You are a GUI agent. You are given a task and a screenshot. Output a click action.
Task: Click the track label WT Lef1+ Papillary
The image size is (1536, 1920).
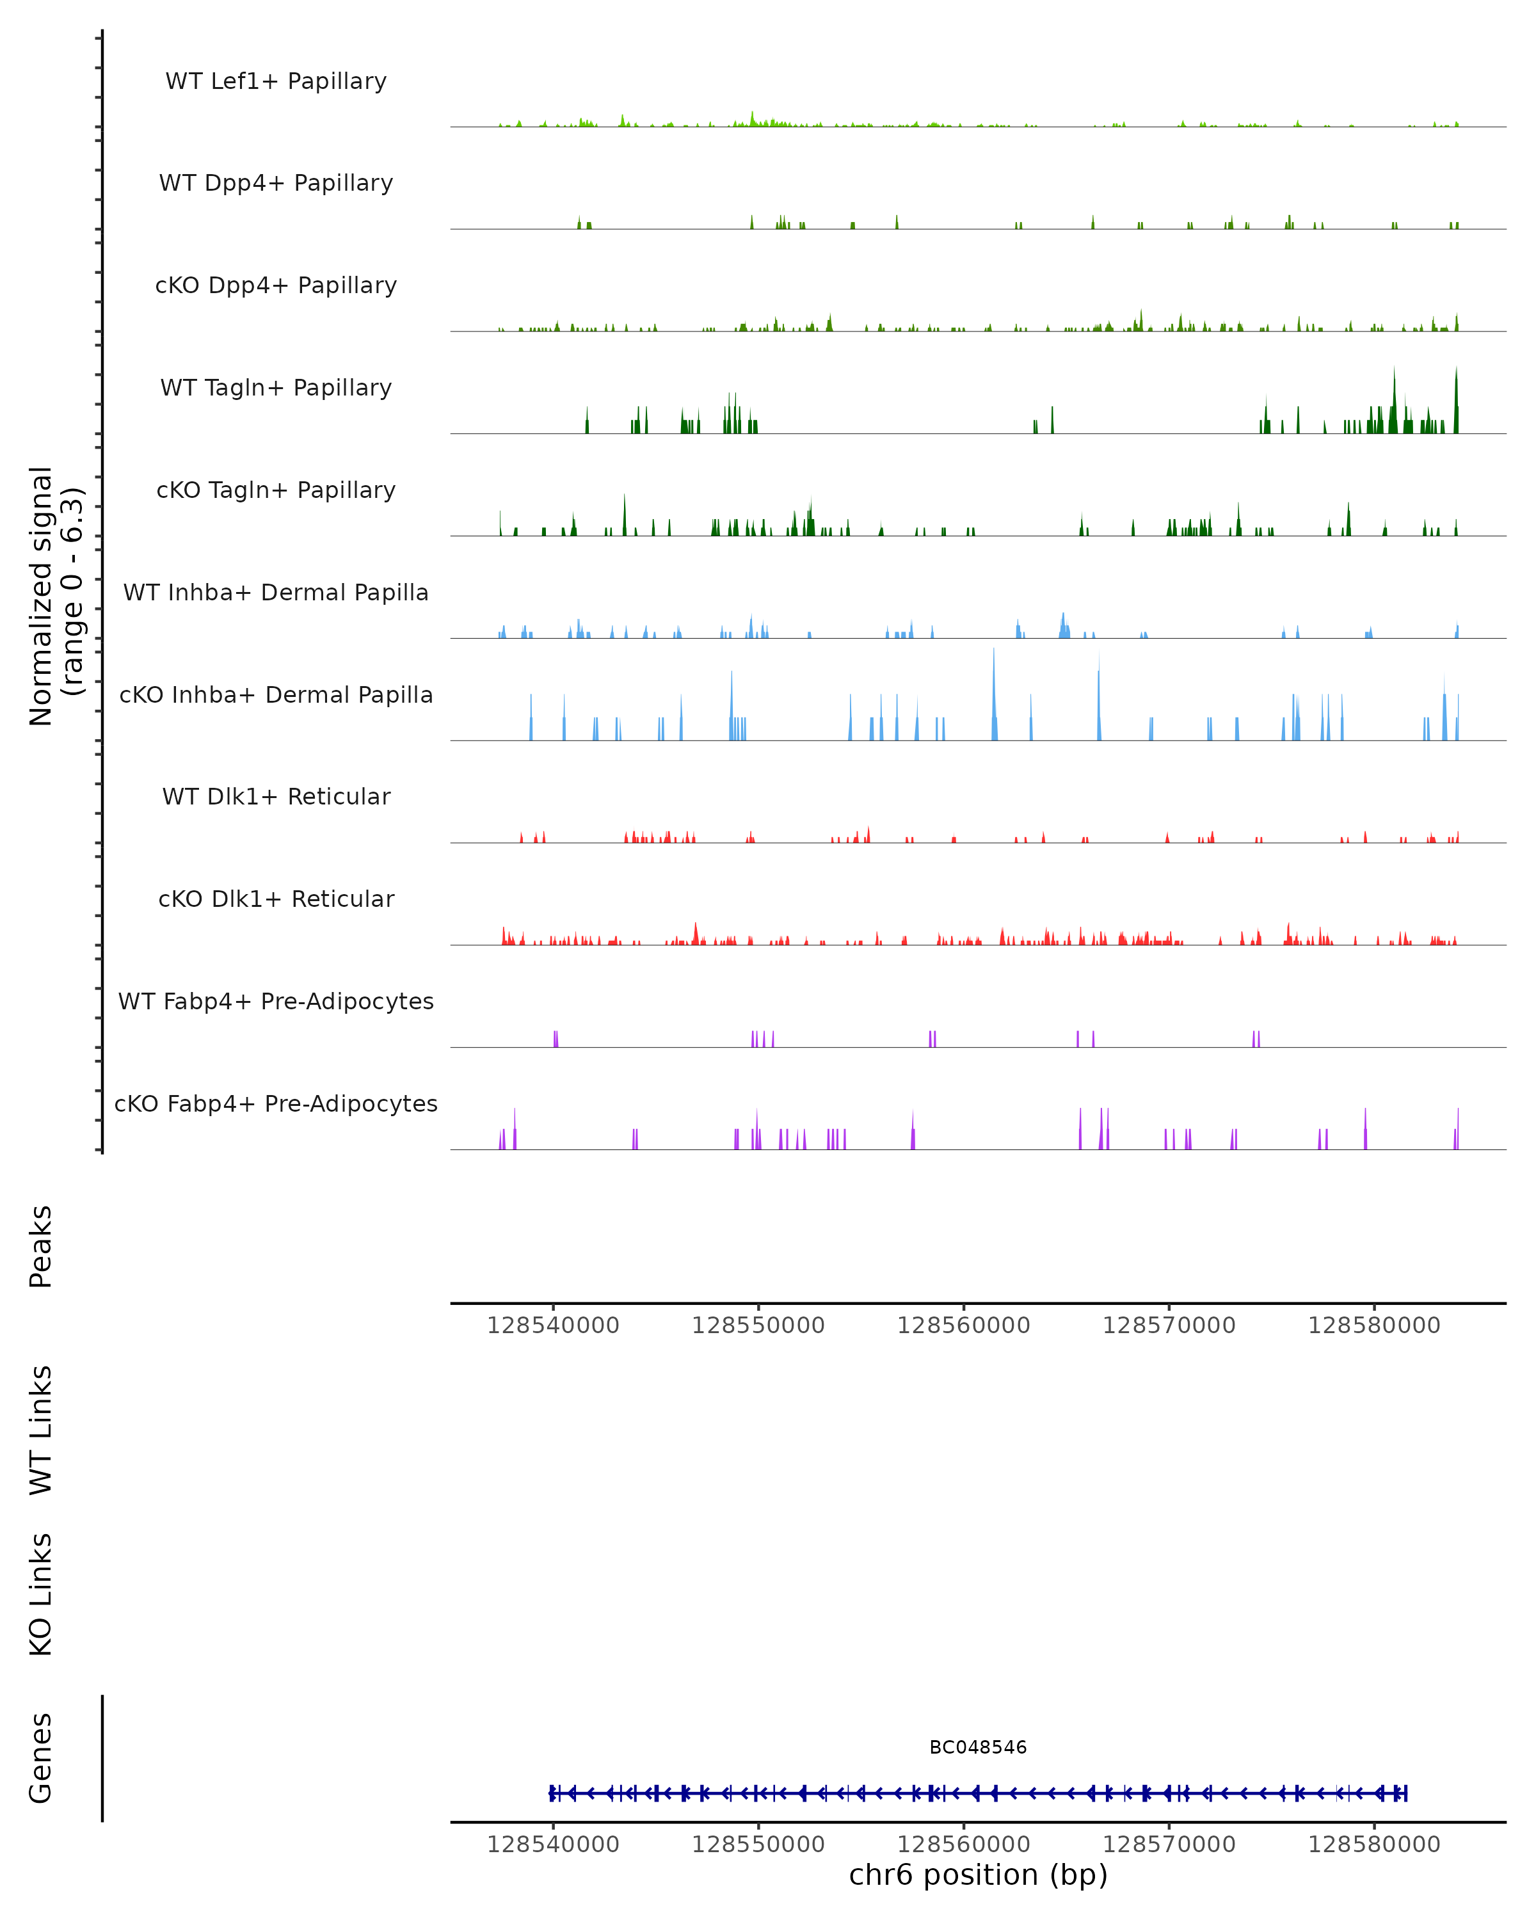pyautogui.click(x=276, y=81)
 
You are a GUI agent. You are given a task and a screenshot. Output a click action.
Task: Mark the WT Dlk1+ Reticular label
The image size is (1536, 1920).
pyautogui.click(x=276, y=796)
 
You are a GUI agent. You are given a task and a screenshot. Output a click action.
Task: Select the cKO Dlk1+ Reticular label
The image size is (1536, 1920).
pyautogui.click(x=276, y=899)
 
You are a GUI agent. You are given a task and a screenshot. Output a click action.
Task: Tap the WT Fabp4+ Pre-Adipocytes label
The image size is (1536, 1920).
pyautogui.click(x=276, y=1001)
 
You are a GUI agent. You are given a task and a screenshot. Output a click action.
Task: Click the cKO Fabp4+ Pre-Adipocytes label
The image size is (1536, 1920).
pyautogui.click(x=276, y=1103)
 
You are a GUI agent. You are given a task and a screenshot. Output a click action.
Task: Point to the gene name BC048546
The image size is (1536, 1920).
pyautogui.click(x=978, y=1747)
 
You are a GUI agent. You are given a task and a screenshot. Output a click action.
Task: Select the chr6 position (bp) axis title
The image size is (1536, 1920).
pyautogui.click(x=978, y=1875)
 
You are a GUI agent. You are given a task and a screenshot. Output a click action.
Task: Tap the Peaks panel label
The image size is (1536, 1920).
pyautogui.click(x=41, y=1246)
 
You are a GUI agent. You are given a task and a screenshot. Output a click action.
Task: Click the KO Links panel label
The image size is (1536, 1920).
pyautogui.click(x=41, y=1594)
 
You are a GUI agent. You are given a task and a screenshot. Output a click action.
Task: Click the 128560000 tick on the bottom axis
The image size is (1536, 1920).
pyautogui.click(x=963, y=1843)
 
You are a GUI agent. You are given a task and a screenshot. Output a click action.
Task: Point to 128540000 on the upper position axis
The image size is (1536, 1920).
pyautogui.click(x=553, y=1325)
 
